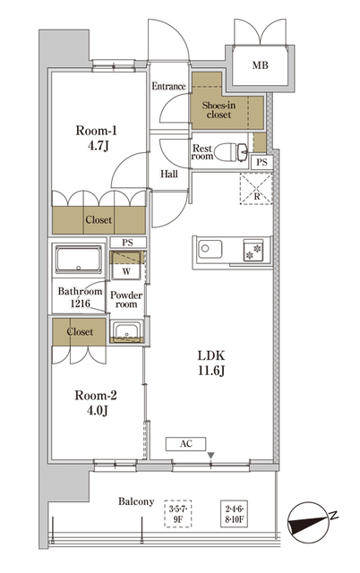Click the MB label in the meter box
coord(260,65)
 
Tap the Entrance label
coord(168,87)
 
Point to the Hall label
coord(168,174)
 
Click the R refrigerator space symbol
coord(257,189)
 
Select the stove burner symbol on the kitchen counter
coord(255,250)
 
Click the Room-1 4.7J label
coord(97,137)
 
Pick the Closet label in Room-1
coord(98,220)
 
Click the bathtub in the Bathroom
coord(77,264)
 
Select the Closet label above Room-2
coord(80,332)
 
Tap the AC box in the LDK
coord(186,442)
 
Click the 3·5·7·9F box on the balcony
coord(180,515)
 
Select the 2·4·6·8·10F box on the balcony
coord(236,516)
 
